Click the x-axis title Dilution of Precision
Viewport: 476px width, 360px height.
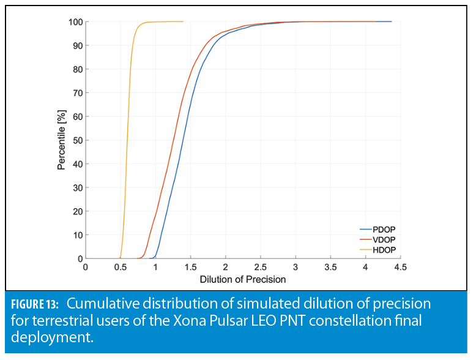click(x=243, y=279)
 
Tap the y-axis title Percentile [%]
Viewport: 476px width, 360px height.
click(x=61, y=140)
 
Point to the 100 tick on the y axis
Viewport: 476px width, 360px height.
click(x=75, y=22)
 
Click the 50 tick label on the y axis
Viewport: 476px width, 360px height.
click(x=77, y=140)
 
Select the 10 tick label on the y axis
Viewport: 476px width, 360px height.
click(x=77, y=235)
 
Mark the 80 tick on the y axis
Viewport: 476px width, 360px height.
click(x=77, y=69)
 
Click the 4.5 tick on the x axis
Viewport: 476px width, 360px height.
click(x=400, y=268)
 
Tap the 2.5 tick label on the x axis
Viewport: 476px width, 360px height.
click(x=261, y=268)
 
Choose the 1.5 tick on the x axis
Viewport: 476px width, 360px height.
click(x=190, y=268)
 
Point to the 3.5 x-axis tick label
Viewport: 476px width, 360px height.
click(x=330, y=268)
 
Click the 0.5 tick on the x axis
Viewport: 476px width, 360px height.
click(x=121, y=268)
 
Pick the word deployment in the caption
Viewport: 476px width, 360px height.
click(x=53, y=336)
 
